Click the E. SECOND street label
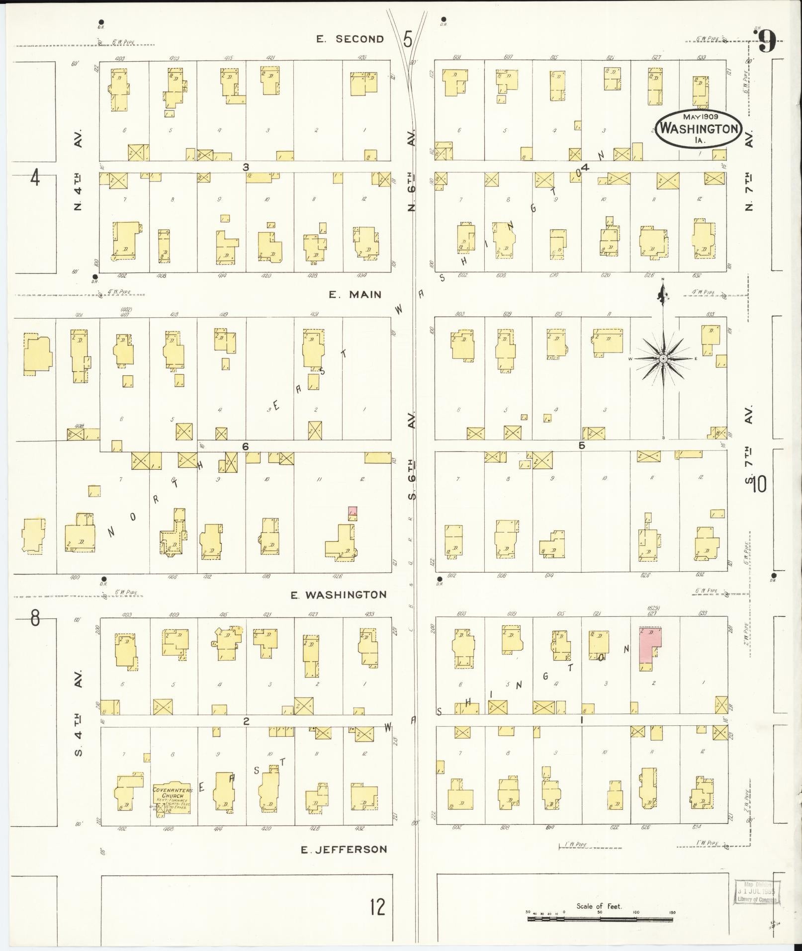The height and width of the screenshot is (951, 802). click(x=351, y=39)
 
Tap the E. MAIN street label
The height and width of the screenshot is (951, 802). click(x=355, y=295)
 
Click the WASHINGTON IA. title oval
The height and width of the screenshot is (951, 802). click(x=699, y=128)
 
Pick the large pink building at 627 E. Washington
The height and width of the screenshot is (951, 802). click(x=649, y=645)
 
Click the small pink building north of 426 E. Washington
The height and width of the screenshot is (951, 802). click(x=353, y=511)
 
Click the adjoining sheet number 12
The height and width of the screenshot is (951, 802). click(x=377, y=907)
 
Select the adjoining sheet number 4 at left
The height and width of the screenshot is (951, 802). click(x=34, y=177)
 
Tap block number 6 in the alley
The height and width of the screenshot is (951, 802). click(x=245, y=446)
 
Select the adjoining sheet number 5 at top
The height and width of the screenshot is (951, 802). click(x=408, y=39)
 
